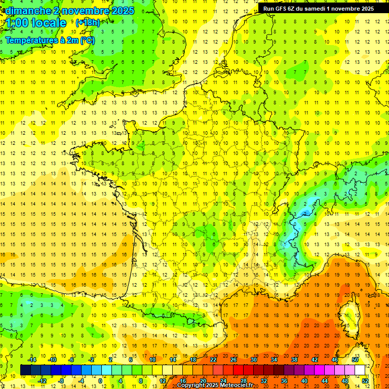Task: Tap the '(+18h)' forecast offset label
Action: pyautogui.click(x=88, y=23)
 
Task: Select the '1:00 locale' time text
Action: pyautogui.click(x=36, y=23)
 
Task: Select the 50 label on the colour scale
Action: pyautogui.click(x=355, y=359)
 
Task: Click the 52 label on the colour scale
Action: pyautogui.click(x=365, y=380)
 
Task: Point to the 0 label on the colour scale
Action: pyautogui.click(x=100, y=380)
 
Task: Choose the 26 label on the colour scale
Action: pyautogui.click(x=234, y=359)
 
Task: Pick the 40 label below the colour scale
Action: pyautogui.click(x=304, y=380)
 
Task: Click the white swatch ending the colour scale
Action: pyautogui.click(x=360, y=370)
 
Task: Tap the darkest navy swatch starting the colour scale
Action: pyautogui.click(x=25, y=370)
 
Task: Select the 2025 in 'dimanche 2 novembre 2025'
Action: pyautogui.click(x=122, y=11)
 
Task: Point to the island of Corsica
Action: pyautogui.click(x=348, y=317)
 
